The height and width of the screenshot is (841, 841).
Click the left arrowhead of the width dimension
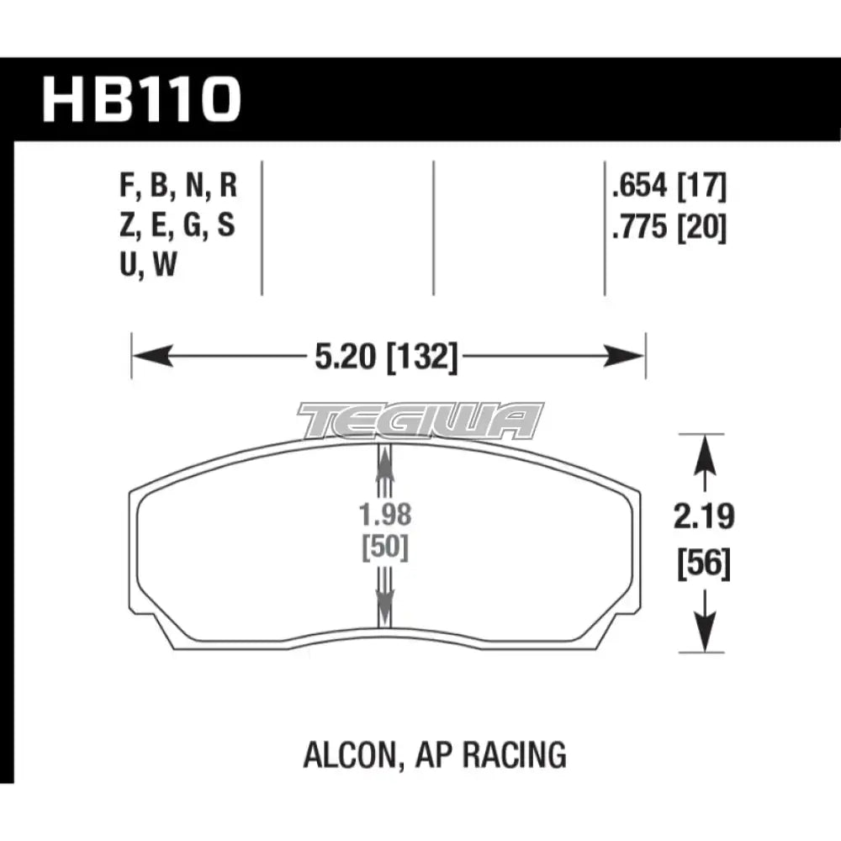pos(148,357)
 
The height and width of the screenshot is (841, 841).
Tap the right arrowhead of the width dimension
pos(627,357)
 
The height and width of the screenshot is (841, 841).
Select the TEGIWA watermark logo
pos(420,420)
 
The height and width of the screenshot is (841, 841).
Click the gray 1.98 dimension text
pos(385,515)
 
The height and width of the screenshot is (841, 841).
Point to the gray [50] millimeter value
pos(385,548)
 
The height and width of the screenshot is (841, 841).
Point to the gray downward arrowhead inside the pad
pos(385,601)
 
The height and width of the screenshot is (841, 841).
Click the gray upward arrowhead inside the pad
pos(385,461)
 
